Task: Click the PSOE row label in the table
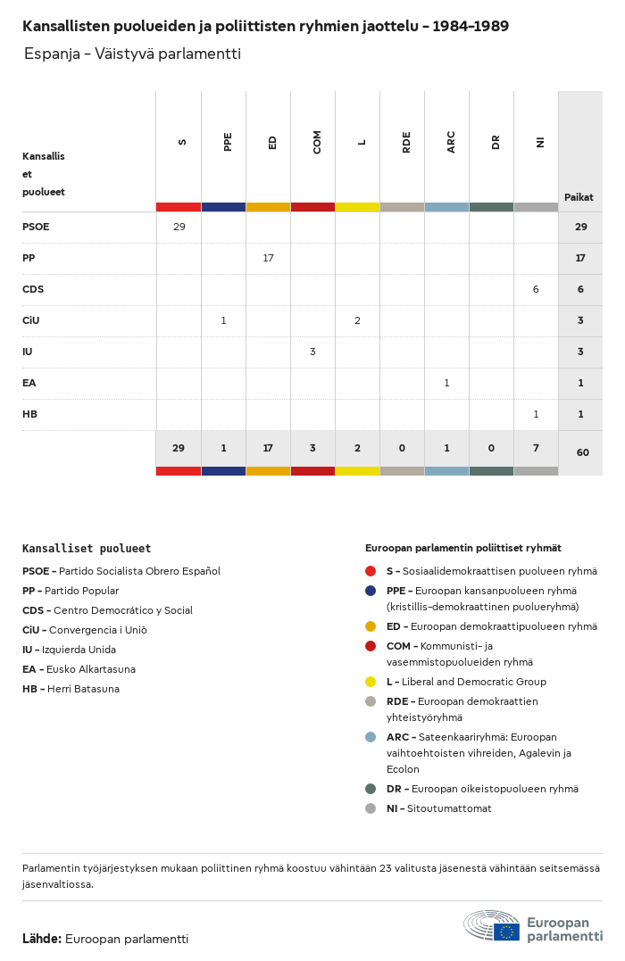pos(36,227)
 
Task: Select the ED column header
pos(272,142)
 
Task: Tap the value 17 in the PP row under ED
pos(268,258)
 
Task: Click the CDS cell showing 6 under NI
pos(536,289)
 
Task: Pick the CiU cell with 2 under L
pos(357,320)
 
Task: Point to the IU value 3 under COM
pos(312,352)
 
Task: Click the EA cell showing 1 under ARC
pos(446,383)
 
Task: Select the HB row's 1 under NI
pos(536,414)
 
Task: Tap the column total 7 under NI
pos(536,449)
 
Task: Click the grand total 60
pos(582,452)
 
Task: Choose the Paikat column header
pos(579,197)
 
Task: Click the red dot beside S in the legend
pos(371,571)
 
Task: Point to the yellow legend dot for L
pos(371,682)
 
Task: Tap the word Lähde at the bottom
pos(41,939)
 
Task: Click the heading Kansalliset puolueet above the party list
pos(87,549)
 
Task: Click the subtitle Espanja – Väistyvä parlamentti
pos(132,54)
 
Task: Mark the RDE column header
pos(406,142)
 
